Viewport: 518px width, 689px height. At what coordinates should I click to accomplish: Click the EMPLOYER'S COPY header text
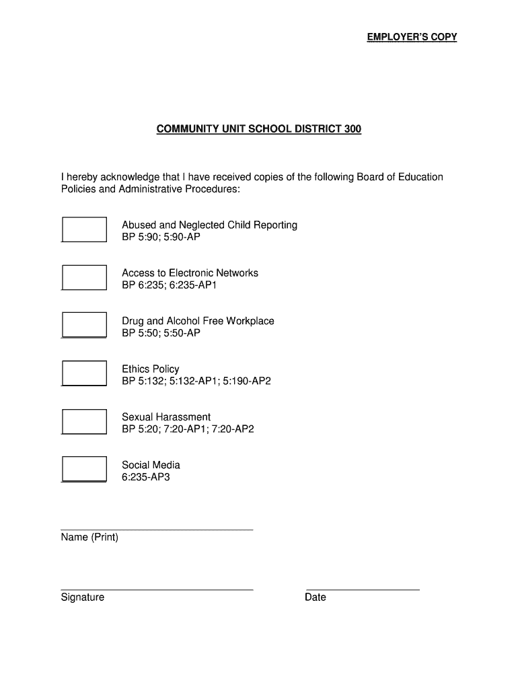[412, 37]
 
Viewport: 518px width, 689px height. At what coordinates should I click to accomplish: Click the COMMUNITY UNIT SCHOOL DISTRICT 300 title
[259, 129]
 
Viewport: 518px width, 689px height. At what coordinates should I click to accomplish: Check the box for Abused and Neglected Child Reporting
[84, 229]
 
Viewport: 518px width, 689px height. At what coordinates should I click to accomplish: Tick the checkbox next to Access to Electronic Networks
[84, 277]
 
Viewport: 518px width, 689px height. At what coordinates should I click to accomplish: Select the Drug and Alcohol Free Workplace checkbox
[84, 324]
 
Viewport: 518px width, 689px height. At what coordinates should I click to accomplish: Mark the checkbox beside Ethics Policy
[84, 373]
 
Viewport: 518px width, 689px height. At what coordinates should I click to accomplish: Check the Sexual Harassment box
[84, 421]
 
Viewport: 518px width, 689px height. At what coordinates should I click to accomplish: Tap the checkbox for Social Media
[84, 468]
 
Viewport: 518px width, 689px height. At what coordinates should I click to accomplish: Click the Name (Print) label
[89, 538]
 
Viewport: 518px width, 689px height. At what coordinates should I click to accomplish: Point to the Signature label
[82, 597]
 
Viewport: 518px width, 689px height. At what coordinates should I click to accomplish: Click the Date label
[316, 597]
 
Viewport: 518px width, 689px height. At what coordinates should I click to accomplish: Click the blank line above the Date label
[363, 589]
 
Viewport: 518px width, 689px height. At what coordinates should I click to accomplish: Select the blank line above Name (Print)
[157, 530]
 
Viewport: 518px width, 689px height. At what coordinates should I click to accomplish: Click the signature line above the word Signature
[157, 589]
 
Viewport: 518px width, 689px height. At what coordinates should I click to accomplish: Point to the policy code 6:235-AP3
[150, 478]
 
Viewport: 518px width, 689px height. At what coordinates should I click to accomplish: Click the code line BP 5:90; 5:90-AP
[161, 238]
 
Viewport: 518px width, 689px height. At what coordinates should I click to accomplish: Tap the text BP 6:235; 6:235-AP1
[169, 285]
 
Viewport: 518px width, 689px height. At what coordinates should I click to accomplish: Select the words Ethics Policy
[150, 369]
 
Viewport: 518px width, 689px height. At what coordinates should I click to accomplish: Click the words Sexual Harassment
[166, 417]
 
